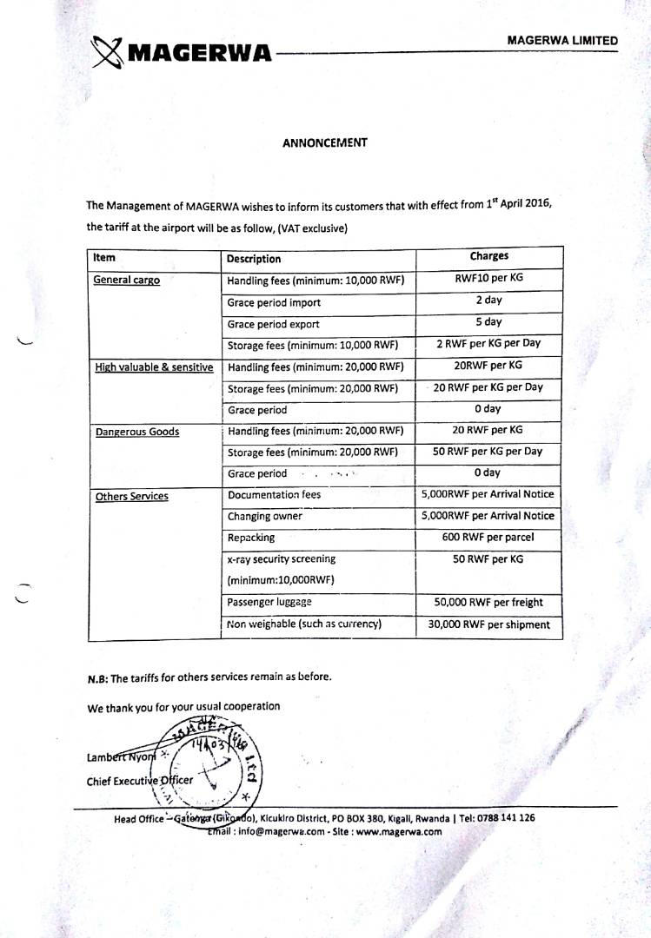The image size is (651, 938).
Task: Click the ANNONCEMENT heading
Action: click(x=324, y=142)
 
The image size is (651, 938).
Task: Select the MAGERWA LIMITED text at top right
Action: click(x=562, y=41)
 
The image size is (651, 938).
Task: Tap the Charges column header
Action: click(x=489, y=256)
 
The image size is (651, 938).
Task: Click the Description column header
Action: click(x=254, y=259)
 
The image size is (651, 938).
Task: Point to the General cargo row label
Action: click(x=127, y=281)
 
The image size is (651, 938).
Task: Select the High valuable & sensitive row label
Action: click(x=154, y=367)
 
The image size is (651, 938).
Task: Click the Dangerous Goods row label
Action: click(x=137, y=432)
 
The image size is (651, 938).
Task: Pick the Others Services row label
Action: click(x=131, y=496)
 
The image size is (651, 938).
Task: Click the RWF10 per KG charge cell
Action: click(x=488, y=279)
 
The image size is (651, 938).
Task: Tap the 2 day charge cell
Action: click(x=488, y=301)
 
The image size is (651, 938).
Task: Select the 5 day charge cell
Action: click(x=488, y=322)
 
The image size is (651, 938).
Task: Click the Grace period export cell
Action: click(x=273, y=324)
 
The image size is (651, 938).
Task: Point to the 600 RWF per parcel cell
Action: click(x=488, y=537)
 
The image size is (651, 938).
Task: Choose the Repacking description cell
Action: click(x=251, y=538)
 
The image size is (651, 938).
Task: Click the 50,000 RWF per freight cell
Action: click(x=488, y=602)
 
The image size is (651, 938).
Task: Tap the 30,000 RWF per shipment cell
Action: click(x=488, y=624)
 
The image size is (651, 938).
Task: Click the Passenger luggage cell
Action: click(x=269, y=602)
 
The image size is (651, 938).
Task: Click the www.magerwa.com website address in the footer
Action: click(x=400, y=831)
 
